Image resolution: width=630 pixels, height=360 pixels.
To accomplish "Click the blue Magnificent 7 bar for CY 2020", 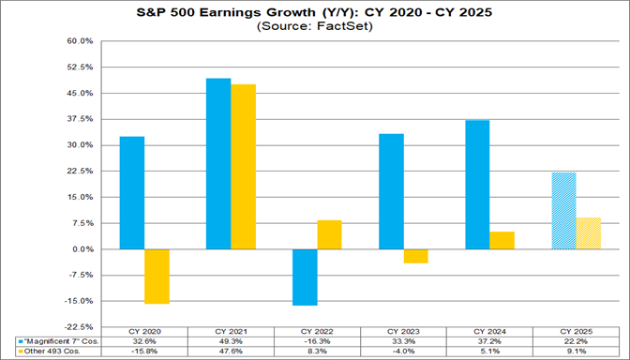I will click(x=132, y=193).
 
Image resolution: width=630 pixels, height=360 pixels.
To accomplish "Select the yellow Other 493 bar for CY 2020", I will click(x=157, y=277).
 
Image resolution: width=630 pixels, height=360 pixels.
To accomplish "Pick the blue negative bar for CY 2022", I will click(x=305, y=277).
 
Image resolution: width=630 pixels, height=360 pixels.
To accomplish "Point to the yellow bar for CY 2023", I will click(x=415, y=256).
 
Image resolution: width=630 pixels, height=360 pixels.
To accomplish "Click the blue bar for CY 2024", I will click(x=477, y=185).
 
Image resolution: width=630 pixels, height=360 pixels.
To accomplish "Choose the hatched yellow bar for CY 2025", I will click(x=588, y=233).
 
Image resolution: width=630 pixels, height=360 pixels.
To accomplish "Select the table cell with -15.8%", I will click(x=144, y=352).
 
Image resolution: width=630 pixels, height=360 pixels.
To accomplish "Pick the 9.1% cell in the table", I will click(x=576, y=352).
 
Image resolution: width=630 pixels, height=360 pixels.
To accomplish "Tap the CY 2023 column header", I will click(x=403, y=332).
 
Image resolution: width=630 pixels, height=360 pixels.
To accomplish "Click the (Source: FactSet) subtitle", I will click(x=315, y=28).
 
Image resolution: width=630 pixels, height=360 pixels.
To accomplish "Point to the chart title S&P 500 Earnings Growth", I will click(x=315, y=13).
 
